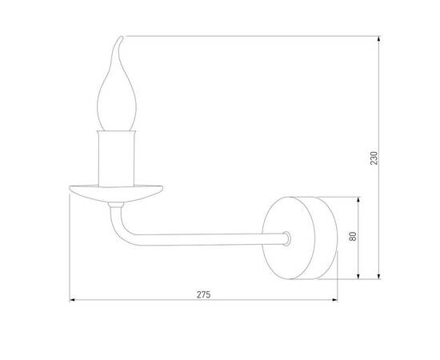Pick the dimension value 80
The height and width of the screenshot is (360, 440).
tap(353, 237)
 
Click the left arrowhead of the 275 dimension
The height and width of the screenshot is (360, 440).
tap(75, 301)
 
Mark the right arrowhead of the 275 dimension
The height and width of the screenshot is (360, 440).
tap(334, 301)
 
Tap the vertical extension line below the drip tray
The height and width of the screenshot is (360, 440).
tap(71, 248)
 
